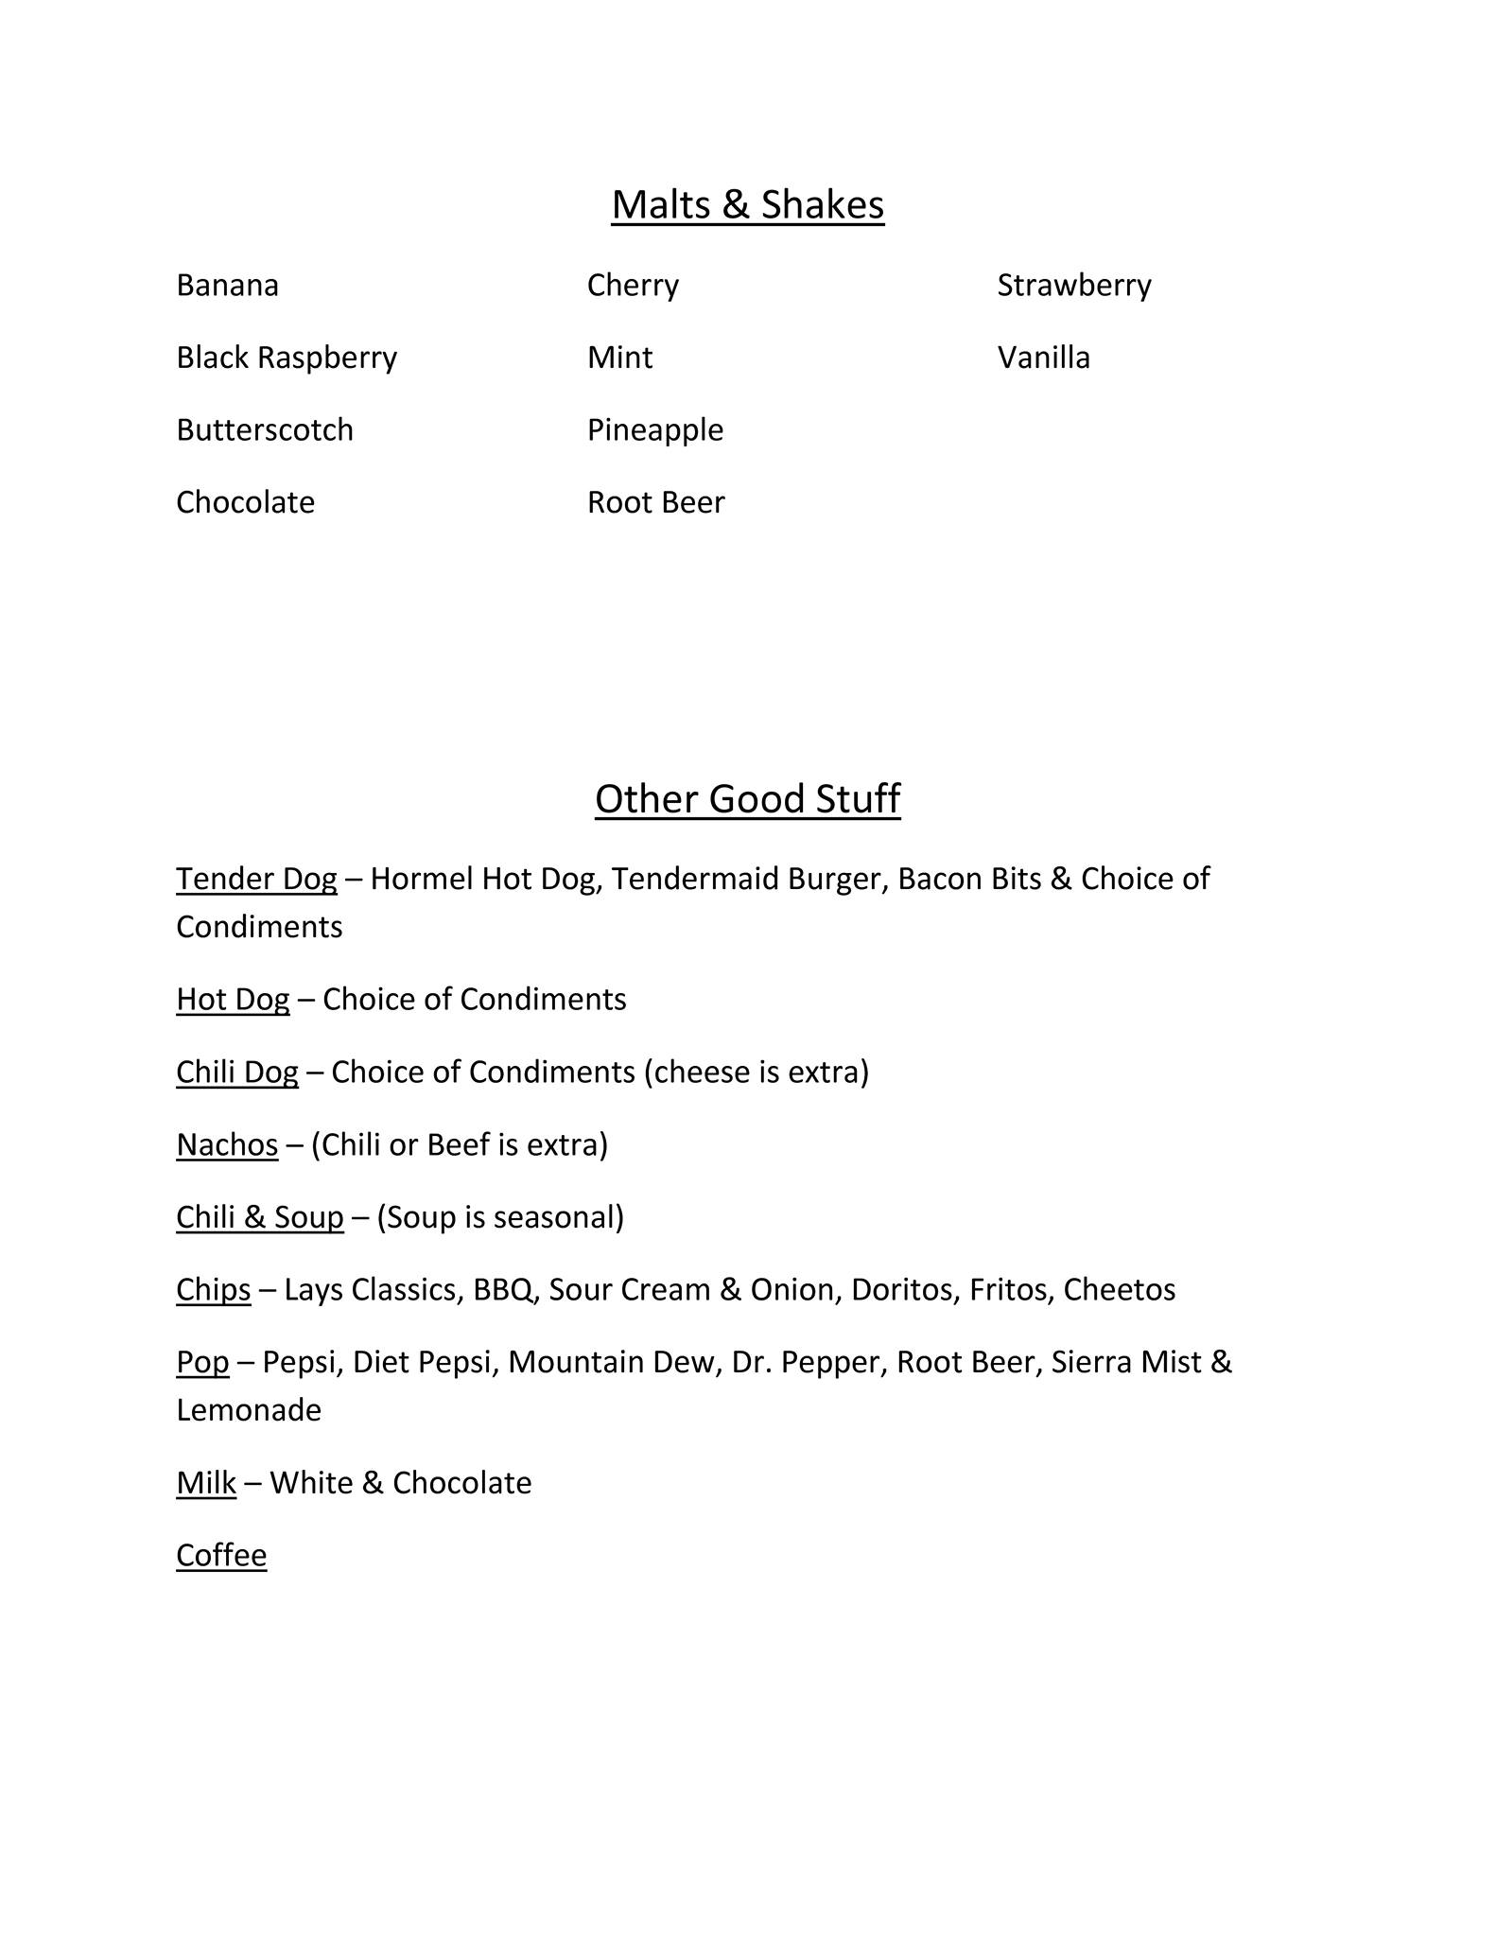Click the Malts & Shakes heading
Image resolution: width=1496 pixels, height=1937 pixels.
click(747, 204)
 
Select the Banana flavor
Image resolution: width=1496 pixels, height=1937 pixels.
click(227, 286)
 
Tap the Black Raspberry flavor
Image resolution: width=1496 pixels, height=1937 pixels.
click(287, 358)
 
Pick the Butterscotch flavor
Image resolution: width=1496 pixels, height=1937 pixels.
click(265, 430)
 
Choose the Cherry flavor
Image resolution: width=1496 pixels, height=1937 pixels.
click(633, 286)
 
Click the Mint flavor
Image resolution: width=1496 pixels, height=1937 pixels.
click(619, 358)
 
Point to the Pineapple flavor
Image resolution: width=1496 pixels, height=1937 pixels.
click(655, 430)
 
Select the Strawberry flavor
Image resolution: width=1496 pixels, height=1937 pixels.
click(1074, 286)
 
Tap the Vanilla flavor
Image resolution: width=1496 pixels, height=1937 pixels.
click(1043, 358)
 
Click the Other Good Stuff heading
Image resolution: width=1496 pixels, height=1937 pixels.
click(747, 798)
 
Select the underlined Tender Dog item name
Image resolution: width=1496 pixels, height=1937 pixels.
click(256, 879)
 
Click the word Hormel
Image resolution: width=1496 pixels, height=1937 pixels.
click(421, 879)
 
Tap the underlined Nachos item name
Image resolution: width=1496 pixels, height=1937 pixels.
click(227, 1144)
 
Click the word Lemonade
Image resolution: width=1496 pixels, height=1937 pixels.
click(249, 1410)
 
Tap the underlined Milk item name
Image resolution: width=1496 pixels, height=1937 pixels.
click(206, 1483)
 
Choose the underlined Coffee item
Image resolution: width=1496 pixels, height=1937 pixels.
click(221, 1556)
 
